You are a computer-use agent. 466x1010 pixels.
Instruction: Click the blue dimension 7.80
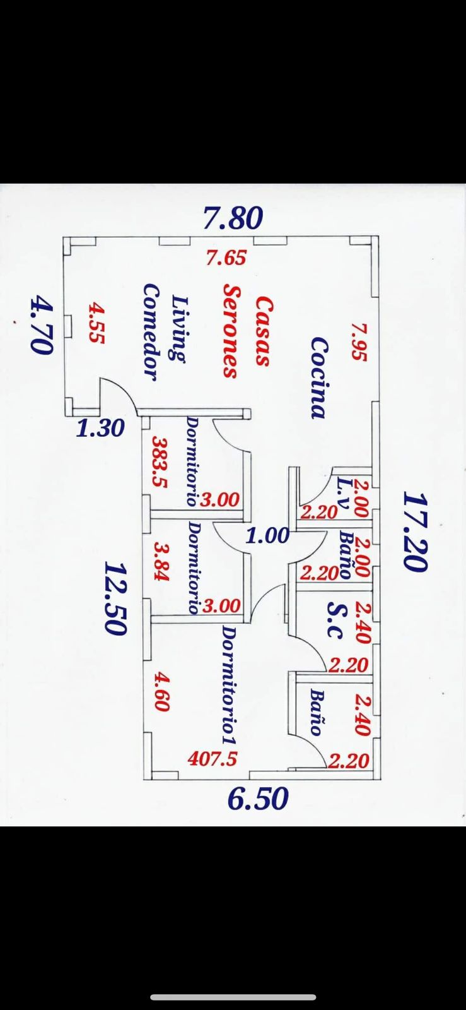[233, 218]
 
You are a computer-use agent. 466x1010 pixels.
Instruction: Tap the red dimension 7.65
[226, 258]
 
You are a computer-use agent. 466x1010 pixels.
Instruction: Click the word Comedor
[151, 332]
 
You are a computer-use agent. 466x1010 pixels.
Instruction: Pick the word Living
[180, 328]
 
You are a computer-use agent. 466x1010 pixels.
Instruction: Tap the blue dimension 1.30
[100, 428]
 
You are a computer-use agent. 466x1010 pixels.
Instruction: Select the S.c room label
[335, 619]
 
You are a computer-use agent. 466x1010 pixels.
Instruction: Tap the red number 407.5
[213, 759]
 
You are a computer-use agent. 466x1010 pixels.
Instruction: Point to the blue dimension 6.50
[257, 799]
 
